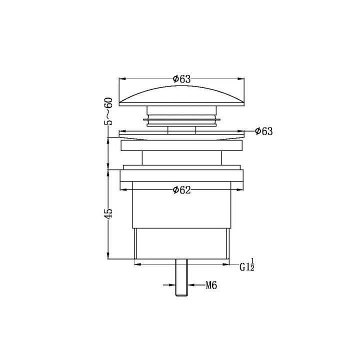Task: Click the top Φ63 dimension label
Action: coord(181,79)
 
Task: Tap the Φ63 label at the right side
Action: coord(264,131)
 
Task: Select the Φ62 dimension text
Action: coord(181,190)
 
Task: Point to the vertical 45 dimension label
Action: coord(108,213)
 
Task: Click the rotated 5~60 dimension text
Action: coord(108,111)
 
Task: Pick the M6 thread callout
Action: coord(211,285)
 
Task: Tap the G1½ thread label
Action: coord(247,265)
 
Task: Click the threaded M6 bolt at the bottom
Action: coord(181,277)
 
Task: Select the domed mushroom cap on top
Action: coord(181,95)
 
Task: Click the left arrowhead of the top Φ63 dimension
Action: coord(122,79)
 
